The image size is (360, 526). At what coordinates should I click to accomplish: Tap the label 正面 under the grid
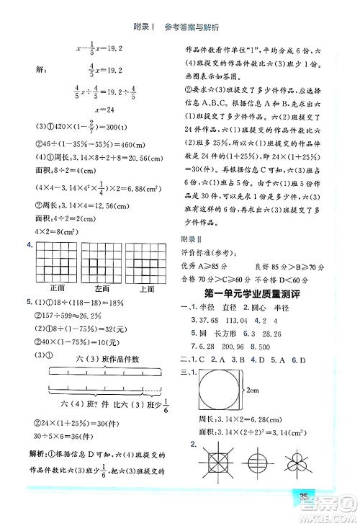(x=58, y=288)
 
